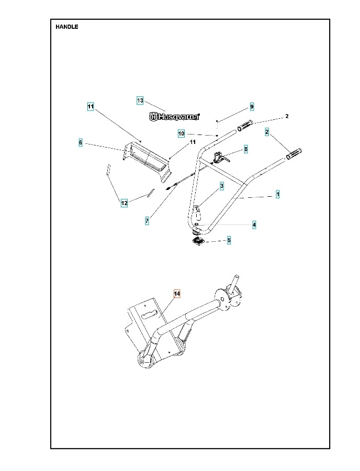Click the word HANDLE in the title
pos(67,27)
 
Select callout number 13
pos(140,100)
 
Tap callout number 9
pos(252,106)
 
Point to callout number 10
pos(181,134)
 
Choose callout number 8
pos(246,149)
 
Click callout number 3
pos(222,186)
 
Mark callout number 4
pos(254,225)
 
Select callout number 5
pos(229,241)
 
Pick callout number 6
pos(81,142)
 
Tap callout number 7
pos(147,221)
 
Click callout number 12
pos(124,203)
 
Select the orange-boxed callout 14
pos(177,294)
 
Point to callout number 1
pos(278,194)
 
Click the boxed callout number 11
pos(91,106)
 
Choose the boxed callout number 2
pos(267,132)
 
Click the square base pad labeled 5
pos(199,241)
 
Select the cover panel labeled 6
pos(147,156)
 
